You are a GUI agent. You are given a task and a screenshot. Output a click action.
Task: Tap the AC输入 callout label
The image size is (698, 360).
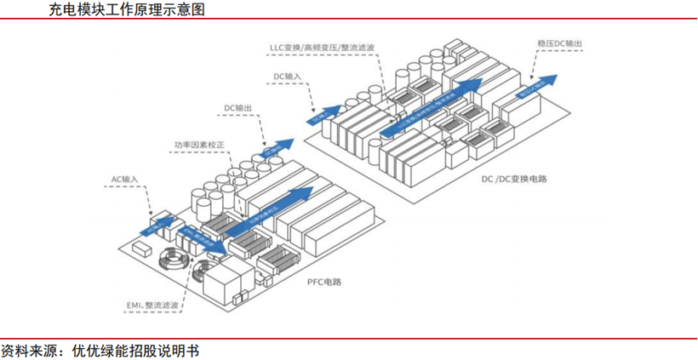point(124,180)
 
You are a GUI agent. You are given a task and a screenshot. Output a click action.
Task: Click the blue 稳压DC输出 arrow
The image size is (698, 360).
point(538,83)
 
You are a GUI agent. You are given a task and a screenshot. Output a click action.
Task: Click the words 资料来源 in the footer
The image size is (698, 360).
point(29,349)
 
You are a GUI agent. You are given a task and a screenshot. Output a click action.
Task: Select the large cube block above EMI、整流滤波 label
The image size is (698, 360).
point(232,281)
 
